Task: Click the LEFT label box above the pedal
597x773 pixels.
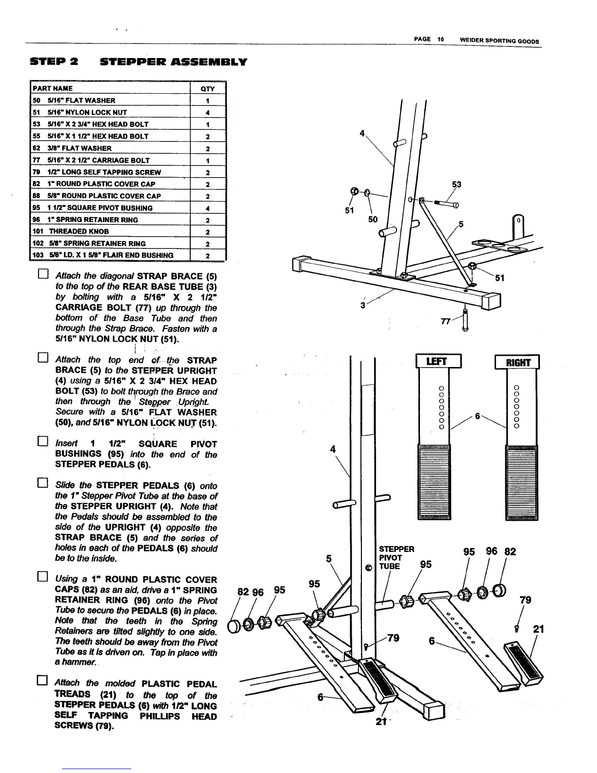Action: coord(438,362)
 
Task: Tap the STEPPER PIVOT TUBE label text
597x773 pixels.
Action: coord(396,557)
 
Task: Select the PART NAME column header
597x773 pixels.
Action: coord(53,88)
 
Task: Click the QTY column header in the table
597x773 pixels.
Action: coord(207,89)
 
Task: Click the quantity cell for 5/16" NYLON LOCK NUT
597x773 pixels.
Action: coord(207,112)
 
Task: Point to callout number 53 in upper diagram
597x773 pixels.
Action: coord(457,184)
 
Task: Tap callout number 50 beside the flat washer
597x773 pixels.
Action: coord(373,220)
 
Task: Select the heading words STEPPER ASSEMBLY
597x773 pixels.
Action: coord(174,62)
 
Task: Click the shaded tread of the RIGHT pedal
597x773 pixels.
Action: coord(522,482)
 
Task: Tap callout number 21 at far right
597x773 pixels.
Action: coord(538,630)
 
